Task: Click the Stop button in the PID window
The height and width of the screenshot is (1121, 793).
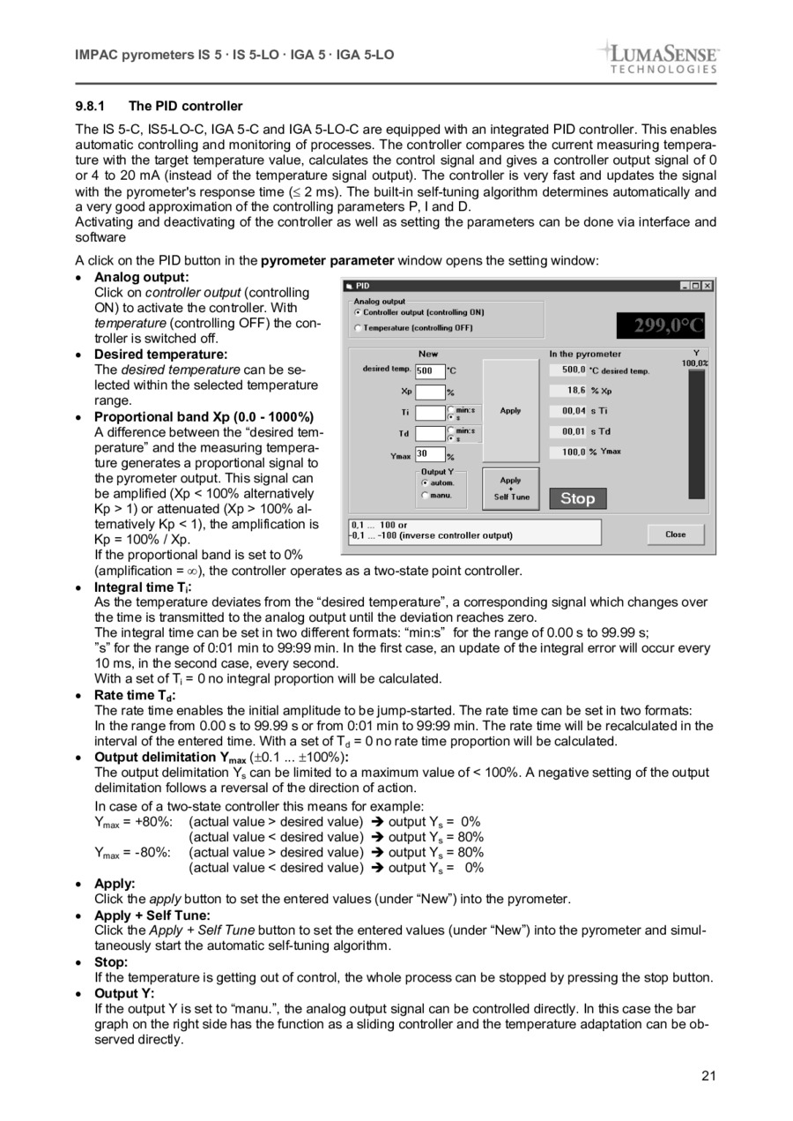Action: coord(578,498)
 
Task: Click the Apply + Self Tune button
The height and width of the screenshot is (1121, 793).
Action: coord(511,489)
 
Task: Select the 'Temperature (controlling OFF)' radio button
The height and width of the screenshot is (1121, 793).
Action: coord(357,328)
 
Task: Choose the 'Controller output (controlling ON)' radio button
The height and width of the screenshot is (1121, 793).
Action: coord(357,312)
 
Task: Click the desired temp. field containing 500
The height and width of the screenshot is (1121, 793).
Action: coord(429,370)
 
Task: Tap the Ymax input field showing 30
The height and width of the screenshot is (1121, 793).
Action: coord(429,455)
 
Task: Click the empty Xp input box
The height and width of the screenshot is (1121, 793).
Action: coord(429,392)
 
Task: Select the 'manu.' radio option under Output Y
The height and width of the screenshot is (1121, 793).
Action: coord(425,496)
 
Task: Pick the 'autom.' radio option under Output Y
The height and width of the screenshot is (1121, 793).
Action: coord(425,483)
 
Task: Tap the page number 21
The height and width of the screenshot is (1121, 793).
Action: coord(709,1075)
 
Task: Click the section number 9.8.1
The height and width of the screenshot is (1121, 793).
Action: coord(91,106)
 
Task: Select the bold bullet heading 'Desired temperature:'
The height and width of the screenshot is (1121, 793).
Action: coord(160,355)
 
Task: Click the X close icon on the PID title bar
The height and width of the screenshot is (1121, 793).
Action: coord(707,286)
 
